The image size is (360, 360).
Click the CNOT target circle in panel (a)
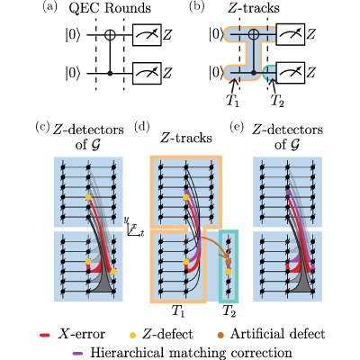pos(110,35)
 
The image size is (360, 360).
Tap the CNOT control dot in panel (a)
pos(110,74)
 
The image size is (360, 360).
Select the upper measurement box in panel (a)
pos(147,35)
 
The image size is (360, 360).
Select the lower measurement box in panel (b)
pos(291,73)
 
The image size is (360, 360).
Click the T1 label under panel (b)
pos(232,101)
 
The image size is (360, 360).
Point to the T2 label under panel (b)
pos(277,101)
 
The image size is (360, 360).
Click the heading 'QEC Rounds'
pos(110,8)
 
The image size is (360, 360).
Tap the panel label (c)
pos(42,127)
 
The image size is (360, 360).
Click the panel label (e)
pos(237,127)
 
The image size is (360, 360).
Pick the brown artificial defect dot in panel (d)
pos(229,262)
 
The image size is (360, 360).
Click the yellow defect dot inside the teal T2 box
pos(229,272)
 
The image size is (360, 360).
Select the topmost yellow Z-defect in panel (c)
pos(88,197)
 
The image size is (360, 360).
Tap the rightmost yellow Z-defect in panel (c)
pos(113,272)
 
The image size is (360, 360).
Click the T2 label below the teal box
pos(229,311)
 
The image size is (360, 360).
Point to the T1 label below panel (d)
pos(178,311)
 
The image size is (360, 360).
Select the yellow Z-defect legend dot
pos(133,335)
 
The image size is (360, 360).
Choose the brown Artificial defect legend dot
pos(222,335)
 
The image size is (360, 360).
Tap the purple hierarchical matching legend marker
pos(78,353)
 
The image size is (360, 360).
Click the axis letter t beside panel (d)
pos(142,233)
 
